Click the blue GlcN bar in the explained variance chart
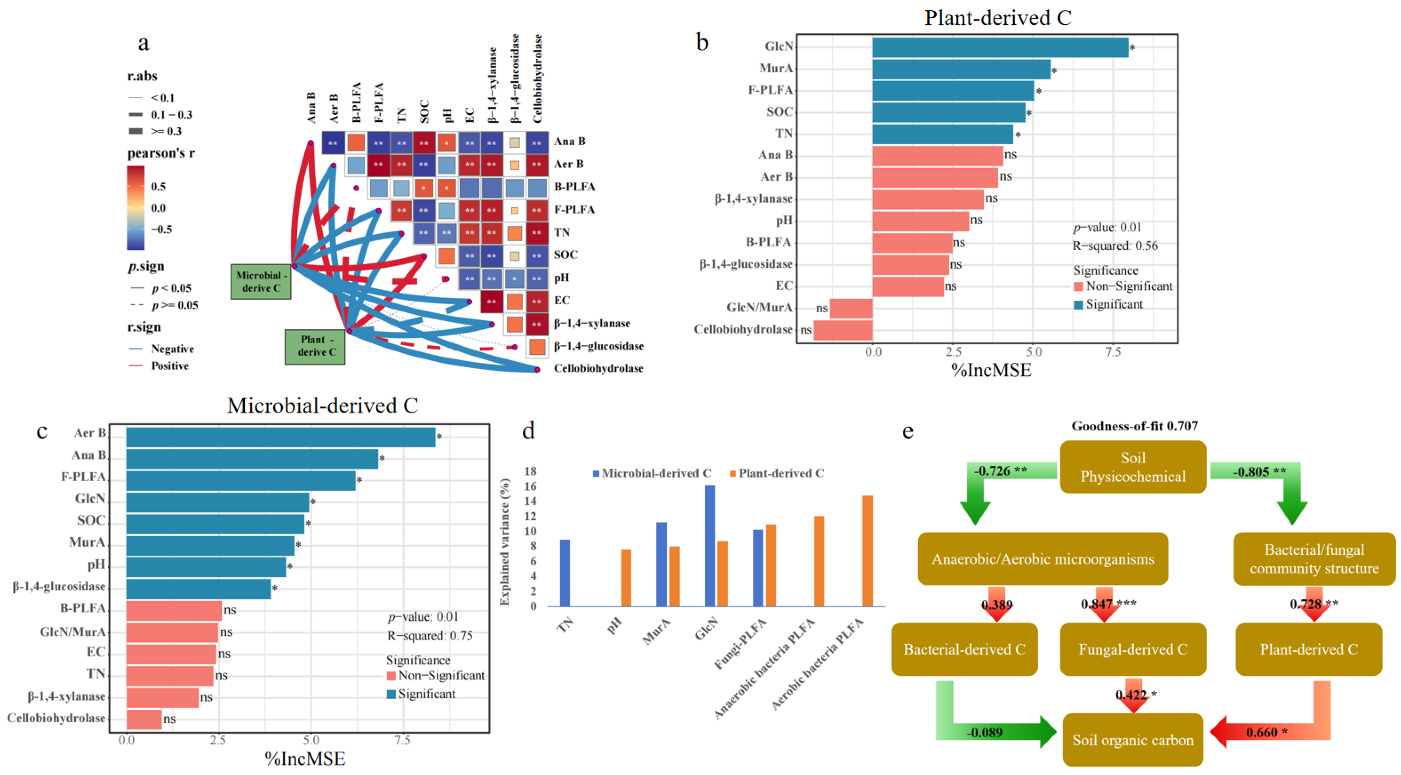tap(709, 545)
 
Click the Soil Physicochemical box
tap(1133, 467)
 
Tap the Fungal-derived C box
tap(1133, 649)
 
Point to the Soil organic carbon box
tap(1133, 740)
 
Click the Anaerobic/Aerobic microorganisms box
tap(1043, 559)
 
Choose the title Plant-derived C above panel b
tap(997, 18)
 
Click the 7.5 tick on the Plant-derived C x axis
tap(1113, 352)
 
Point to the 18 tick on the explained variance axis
tap(530, 471)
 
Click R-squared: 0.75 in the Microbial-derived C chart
tap(430, 636)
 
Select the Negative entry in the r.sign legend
tap(172, 349)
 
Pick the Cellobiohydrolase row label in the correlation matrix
tap(598, 369)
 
